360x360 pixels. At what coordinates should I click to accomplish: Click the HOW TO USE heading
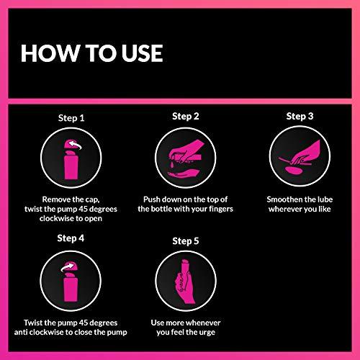tap(91, 53)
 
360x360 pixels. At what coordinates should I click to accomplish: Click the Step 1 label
tap(72, 117)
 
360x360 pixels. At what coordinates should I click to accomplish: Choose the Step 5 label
tap(186, 242)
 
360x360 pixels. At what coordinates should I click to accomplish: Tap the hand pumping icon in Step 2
tap(185, 153)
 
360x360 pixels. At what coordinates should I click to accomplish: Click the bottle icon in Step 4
tap(71, 284)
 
